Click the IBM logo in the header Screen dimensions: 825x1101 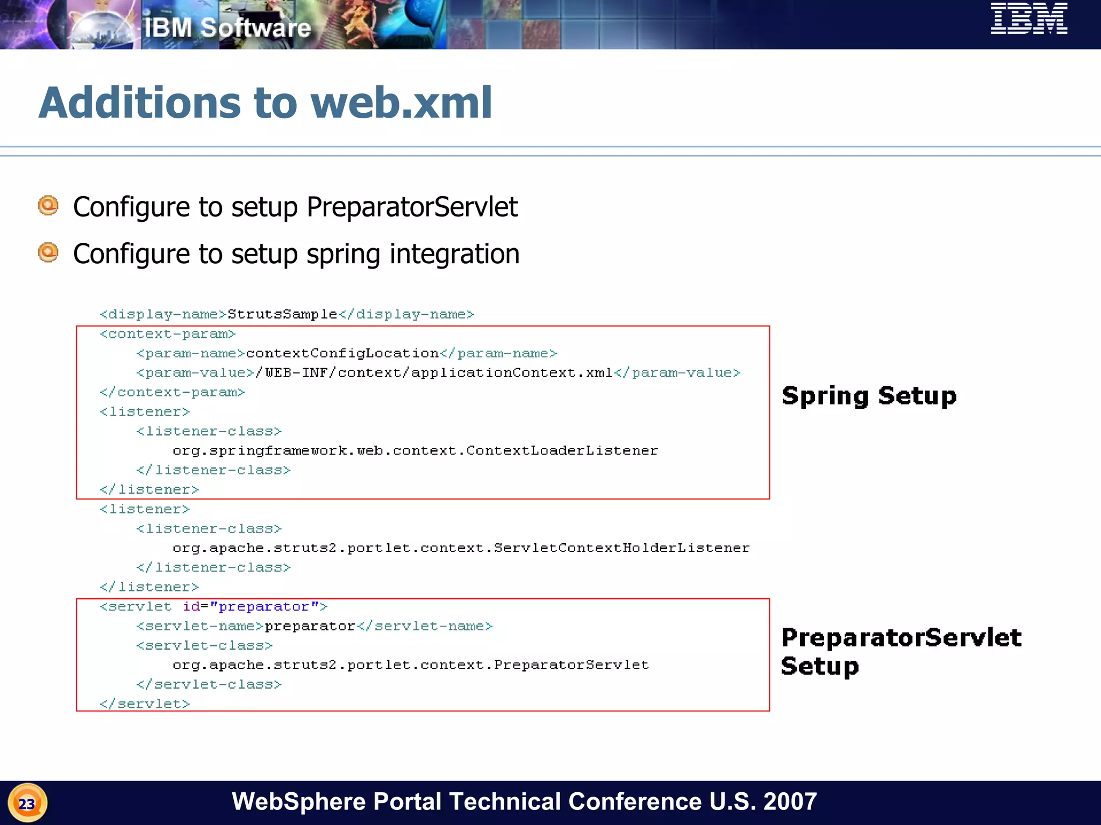1028,19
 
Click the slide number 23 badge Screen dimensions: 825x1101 27,804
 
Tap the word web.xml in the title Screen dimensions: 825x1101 401,103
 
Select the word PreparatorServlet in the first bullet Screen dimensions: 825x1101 412,207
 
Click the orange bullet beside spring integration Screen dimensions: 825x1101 48,252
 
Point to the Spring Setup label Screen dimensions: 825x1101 869,396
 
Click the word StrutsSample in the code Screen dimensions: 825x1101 282,314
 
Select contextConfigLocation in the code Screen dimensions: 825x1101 342,353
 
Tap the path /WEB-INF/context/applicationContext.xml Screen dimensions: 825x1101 434,373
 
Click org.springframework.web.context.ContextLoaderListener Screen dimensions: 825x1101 415,451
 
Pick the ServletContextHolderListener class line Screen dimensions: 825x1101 461,548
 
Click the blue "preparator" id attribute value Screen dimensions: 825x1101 264,606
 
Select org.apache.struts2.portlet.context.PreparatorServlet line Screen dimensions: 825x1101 411,665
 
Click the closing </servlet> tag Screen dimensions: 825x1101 145,704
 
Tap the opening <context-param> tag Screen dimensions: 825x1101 168,334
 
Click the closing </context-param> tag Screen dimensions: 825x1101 172,393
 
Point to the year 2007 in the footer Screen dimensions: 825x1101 790,801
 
